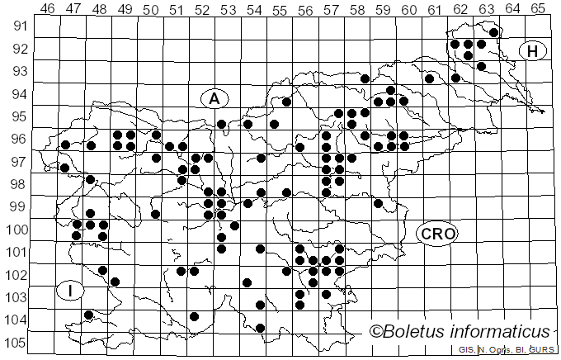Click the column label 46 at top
[x=47, y=9]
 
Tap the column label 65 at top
[x=537, y=9]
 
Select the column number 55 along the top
[x=279, y=9]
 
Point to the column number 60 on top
[x=408, y=9]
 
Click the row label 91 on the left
[x=20, y=26]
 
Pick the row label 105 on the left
[x=16, y=343]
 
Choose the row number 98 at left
[x=20, y=184]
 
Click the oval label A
[x=214, y=99]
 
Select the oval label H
[x=533, y=51]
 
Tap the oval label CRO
[x=436, y=234]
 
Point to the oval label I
[x=71, y=290]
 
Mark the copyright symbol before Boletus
[x=376, y=332]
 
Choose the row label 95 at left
[x=20, y=116]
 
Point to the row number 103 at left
[x=16, y=297]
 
